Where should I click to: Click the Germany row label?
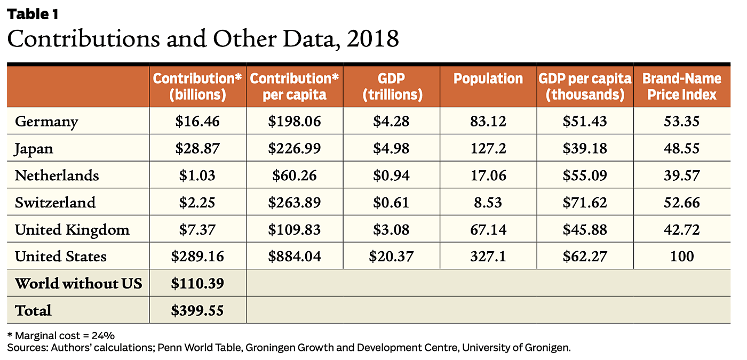point(46,122)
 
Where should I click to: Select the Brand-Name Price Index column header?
point(681,86)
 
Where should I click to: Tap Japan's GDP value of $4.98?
point(391,148)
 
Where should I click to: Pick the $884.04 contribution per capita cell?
point(294,257)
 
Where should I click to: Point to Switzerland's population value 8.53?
point(488,203)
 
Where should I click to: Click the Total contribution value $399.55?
point(197,310)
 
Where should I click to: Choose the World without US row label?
point(78,283)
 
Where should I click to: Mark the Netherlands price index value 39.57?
point(681,175)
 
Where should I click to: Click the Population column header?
point(488,79)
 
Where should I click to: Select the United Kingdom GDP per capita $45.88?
point(585,230)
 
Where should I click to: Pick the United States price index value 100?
point(681,257)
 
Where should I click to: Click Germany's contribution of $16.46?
point(197,122)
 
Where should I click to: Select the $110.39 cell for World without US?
point(197,283)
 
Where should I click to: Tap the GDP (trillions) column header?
point(391,86)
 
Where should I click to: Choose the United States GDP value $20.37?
point(391,257)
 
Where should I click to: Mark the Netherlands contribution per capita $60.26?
point(294,175)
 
